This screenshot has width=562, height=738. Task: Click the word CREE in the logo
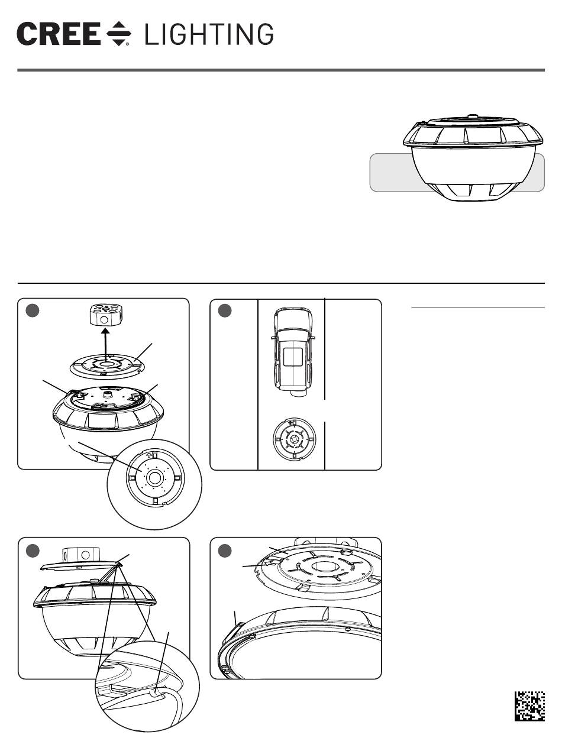coord(59,34)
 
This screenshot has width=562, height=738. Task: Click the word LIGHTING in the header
coord(209,34)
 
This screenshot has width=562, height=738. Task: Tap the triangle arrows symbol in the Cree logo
coord(119,34)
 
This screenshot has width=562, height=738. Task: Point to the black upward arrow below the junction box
coord(106,345)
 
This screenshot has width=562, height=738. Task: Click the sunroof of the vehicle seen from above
coord(293,357)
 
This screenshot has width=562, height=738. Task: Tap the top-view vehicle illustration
coord(292,352)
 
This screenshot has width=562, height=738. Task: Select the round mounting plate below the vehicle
coord(295,439)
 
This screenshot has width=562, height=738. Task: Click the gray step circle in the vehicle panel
coord(225,310)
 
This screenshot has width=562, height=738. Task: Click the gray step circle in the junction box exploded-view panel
coord(33,310)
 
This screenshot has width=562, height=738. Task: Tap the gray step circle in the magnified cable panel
coord(33,551)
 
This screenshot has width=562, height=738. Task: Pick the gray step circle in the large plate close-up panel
coord(225,551)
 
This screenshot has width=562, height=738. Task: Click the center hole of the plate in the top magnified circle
coord(155,478)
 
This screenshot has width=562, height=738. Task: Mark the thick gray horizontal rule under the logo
coord(281,70)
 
